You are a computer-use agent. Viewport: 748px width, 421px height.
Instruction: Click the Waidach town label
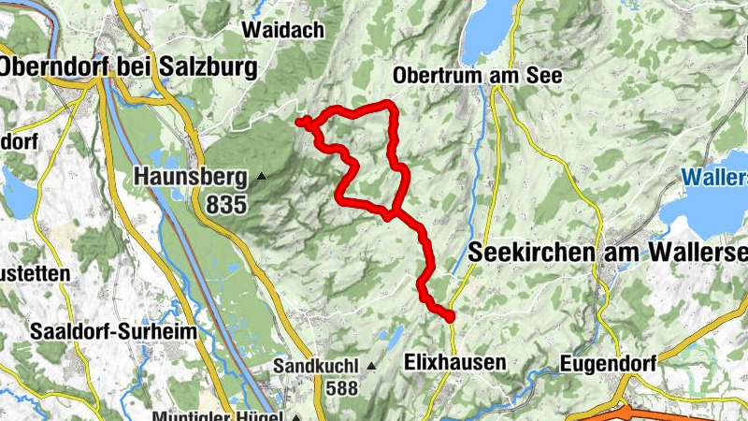click(282, 30)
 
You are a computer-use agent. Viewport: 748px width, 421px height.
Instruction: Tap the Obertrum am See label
click(478, 75)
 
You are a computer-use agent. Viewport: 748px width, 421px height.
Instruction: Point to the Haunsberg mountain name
click(191, 175)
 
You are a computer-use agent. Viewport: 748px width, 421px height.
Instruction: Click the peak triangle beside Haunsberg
click(262, 176)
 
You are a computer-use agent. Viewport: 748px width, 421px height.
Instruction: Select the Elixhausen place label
click(455, 361)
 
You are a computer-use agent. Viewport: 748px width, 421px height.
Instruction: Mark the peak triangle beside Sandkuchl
click(371, 366)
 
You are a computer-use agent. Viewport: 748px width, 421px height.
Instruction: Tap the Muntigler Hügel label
click(223, 414)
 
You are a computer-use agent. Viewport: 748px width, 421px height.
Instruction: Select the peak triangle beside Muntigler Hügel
click(295, 416)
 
